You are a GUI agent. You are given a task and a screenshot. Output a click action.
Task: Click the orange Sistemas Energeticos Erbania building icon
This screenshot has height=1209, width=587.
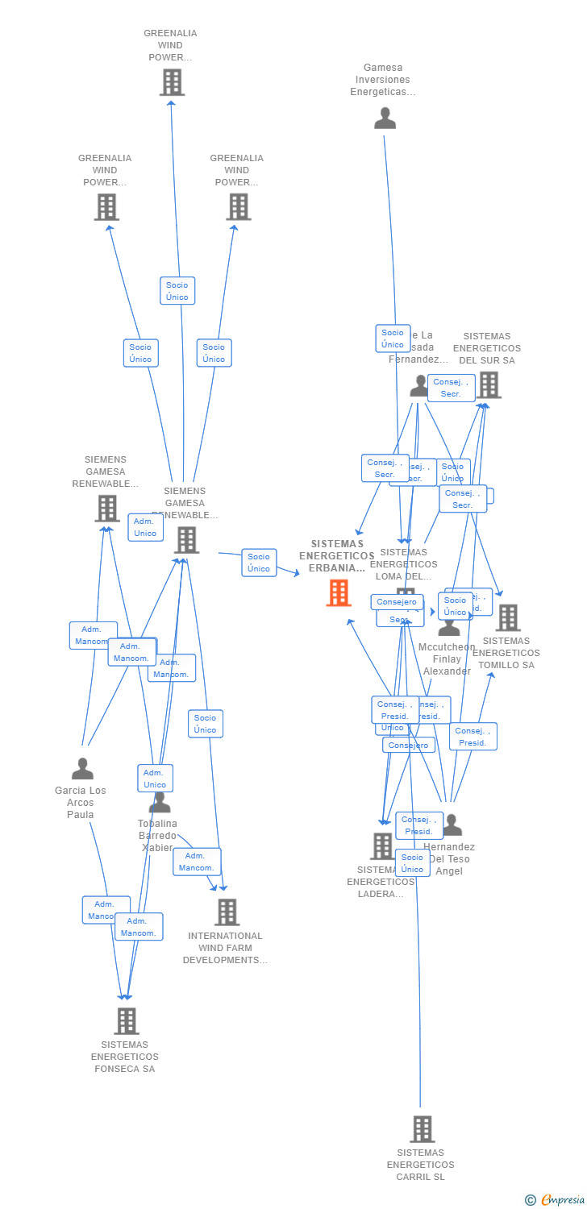(x=339, y=593)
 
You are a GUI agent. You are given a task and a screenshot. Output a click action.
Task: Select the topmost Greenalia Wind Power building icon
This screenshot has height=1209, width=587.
(x=172, y=82)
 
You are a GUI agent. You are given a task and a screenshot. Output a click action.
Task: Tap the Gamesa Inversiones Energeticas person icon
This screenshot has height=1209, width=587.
(x=385, y=118)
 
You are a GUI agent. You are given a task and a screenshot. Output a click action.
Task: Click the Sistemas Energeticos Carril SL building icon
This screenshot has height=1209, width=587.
(x=422, y=1129)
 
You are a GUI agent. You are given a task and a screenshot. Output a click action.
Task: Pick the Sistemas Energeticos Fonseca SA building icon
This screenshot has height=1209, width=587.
(x=127, y=1021)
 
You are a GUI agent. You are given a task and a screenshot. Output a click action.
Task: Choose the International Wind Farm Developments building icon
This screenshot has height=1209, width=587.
(x=227, y=912)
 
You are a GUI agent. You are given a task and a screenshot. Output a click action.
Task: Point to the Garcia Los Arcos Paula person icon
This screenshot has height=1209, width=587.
(x=82, y=769)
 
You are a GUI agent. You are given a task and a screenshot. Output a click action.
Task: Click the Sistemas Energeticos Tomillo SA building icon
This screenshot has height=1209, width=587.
(x=508, y=618)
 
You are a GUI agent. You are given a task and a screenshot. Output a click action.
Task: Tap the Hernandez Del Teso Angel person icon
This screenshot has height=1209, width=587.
(x=452, y=825)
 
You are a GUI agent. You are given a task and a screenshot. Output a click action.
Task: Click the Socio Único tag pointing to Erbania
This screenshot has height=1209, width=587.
(x=259, y=563)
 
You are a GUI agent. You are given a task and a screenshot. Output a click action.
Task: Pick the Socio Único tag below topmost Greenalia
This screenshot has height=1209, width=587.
(x=177, y=291)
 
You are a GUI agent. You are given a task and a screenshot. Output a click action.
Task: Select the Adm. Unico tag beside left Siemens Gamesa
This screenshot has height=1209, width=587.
(x=145, y=527)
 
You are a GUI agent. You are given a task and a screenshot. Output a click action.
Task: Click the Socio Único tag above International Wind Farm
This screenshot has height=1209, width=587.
(x=206, y=724)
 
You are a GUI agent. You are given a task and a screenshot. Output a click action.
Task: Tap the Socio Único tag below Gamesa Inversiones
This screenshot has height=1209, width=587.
(x=393, y=339)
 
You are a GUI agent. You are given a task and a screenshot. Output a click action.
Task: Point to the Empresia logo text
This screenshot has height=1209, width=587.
(x=562, y=1200)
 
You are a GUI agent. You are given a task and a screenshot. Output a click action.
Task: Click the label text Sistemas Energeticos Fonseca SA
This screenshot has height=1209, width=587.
(x=124, y=1057)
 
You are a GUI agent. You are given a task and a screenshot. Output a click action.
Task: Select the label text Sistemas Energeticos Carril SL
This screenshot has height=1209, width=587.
(x=420, y=1165)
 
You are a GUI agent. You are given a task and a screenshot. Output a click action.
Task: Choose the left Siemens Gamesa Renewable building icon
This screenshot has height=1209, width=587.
(x=107, y=509)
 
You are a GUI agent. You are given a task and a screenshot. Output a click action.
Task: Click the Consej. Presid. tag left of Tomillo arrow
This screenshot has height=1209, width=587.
(x=473, y=737)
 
